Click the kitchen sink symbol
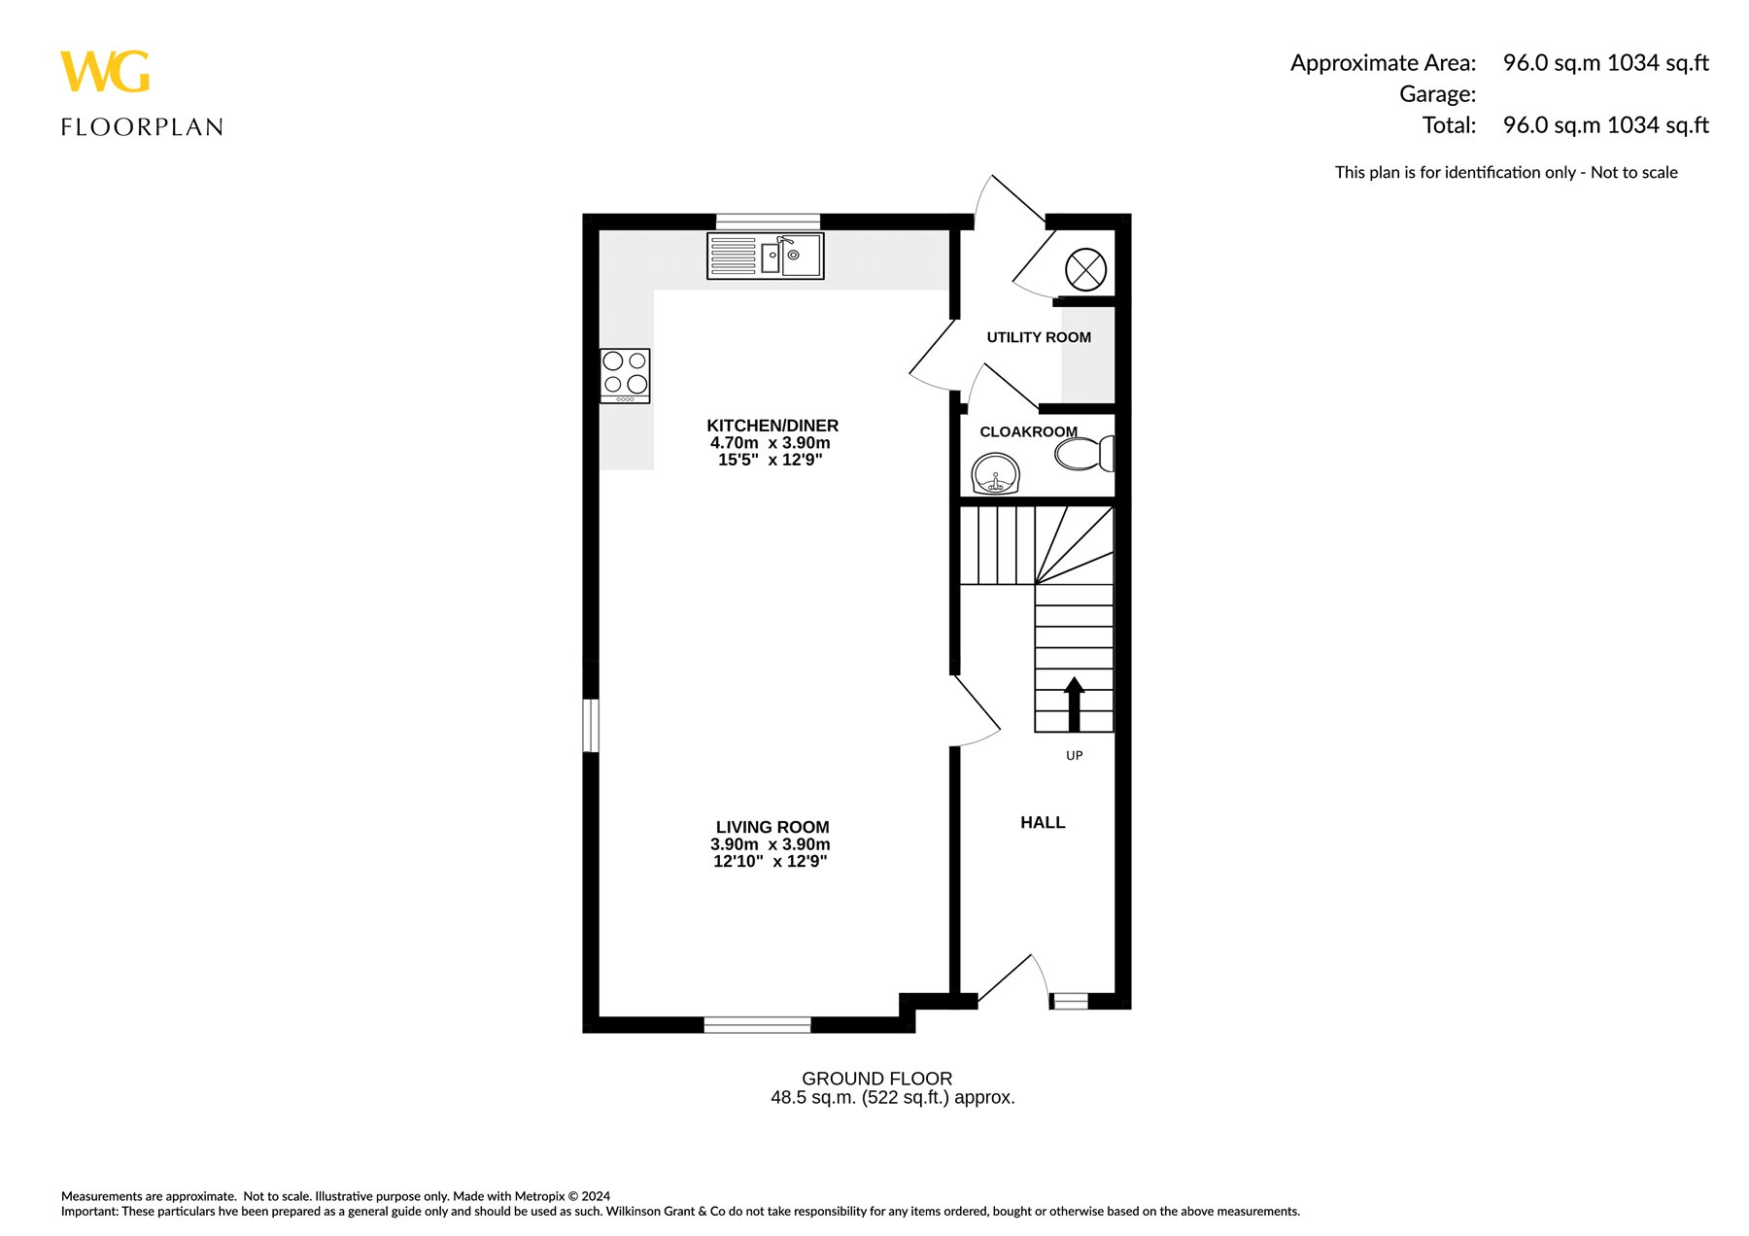click(766, 256)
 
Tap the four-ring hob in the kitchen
click(625, 376)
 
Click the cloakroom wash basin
click(995, 475)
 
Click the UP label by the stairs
click(1074, 755)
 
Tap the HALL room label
click(1043, 822)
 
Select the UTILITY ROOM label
click(1039, 337)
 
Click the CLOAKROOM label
click(1028, 431)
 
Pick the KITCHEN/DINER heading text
click(772, 426)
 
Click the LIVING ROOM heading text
click(772, 827)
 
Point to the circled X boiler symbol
click(1085, 270)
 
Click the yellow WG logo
click(105, 72)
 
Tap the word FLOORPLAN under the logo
click(142, 127)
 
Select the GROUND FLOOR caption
click(876, 1079)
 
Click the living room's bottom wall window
click(757, 1024)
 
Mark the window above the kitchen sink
click(768, 222)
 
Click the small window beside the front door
click(1070, 1001)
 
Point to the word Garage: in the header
click(1437, 94)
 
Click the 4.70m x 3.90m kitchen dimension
click(771, 443)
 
